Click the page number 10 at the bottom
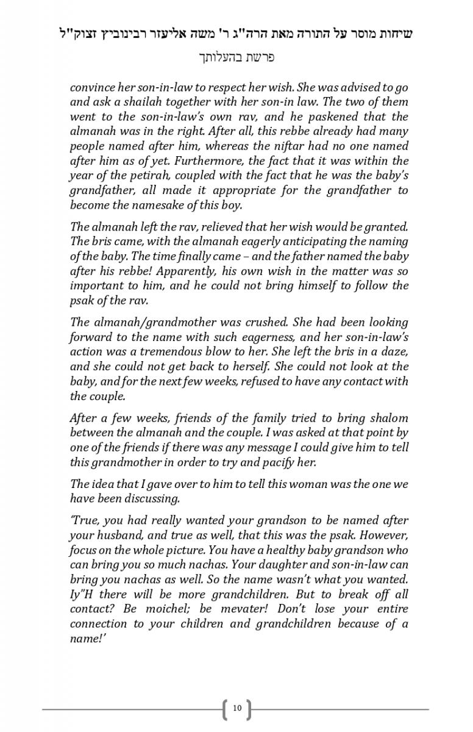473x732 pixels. tap(237, 708)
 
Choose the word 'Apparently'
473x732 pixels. tap(191, 270)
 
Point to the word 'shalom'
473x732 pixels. tap(388, 418)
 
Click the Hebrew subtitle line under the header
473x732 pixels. tap(237, 58)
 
